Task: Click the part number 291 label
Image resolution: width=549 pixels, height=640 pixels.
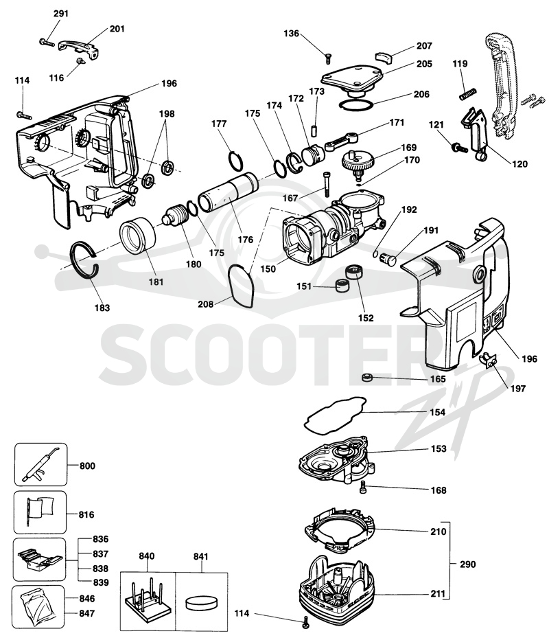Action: click(x=61, y=14)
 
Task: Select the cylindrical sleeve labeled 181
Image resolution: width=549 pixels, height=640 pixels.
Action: click(x=138, y=234)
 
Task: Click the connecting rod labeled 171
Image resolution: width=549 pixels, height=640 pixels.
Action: click(x=342, y=141)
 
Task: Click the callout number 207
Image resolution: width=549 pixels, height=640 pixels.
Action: click(x=424, y=46)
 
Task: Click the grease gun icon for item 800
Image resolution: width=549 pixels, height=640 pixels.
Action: click(x=40, y=464)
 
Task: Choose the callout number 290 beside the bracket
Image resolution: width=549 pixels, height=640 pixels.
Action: click(x=468, y=564)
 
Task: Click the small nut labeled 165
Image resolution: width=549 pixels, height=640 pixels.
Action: click(x=368, y=378)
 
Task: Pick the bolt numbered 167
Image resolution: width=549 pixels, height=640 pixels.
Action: click(x=325, y=185)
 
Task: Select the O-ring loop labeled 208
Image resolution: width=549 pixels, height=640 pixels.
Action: click(x=241, y=286)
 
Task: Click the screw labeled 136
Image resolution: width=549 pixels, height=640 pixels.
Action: click(x=327, y=59)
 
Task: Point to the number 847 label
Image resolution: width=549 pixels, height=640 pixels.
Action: click(x=87, y=613)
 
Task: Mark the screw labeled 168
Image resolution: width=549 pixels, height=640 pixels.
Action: click(x=364, y=488)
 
